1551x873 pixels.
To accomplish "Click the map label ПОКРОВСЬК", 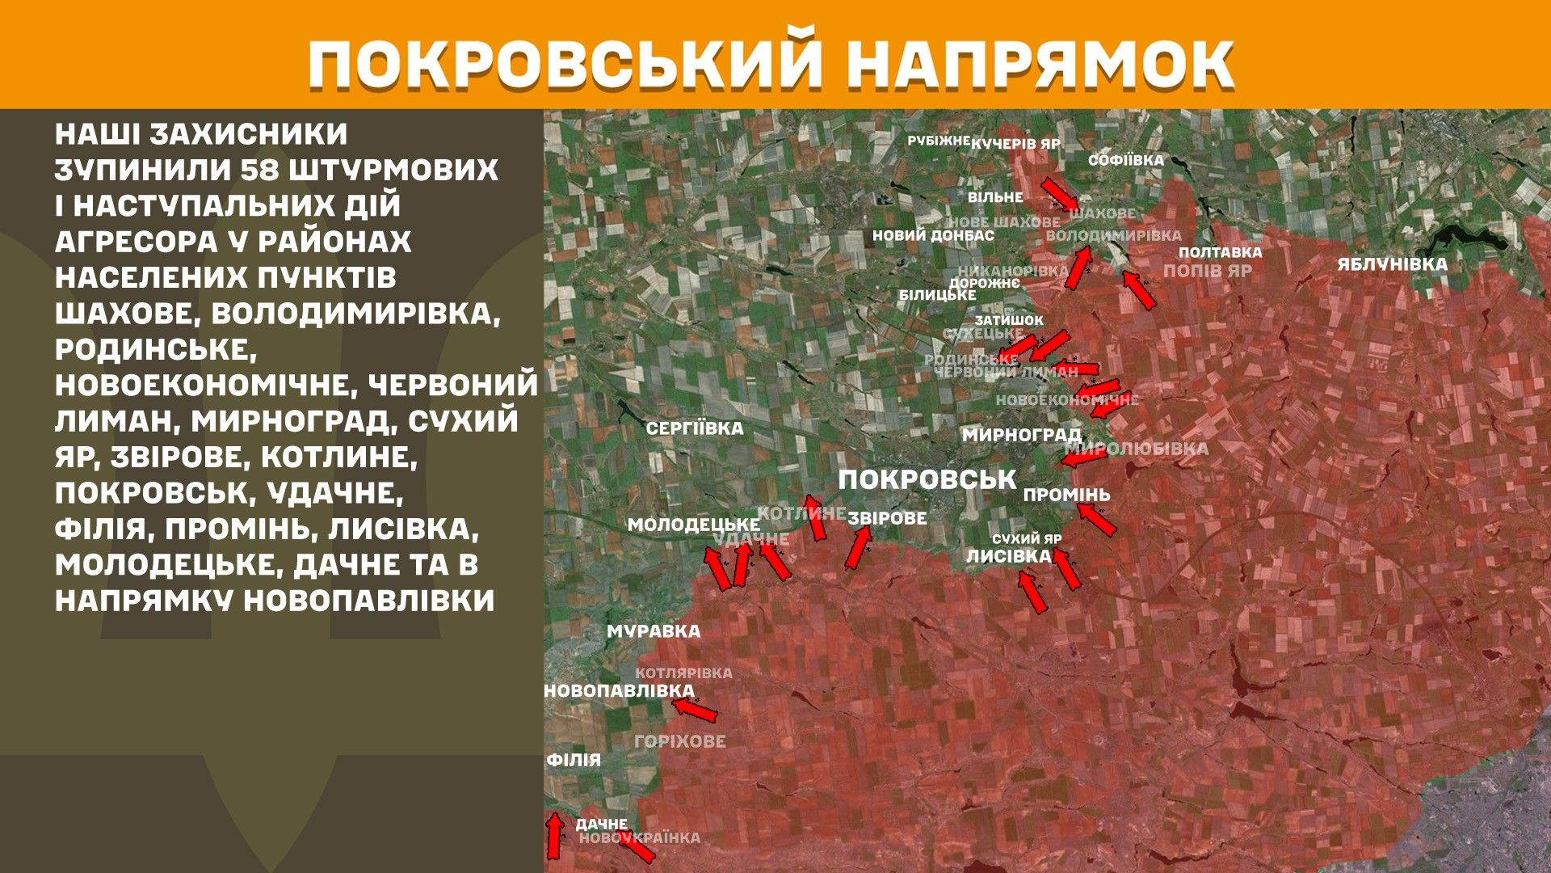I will click(x=927, y=479).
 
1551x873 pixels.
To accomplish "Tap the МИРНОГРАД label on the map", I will click(x=1021, y=435).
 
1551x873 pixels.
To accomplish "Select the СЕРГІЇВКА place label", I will click(x=694, y=428).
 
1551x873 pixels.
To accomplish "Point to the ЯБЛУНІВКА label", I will click(x=1392, y=264).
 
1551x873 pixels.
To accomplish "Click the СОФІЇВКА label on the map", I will click(x=1125, y=160).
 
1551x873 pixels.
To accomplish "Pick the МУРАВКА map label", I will click(x=654, y=631).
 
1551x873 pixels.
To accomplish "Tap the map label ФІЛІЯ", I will click(x=574, y=760).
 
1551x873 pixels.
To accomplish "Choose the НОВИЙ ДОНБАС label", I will click(x=933, y=236).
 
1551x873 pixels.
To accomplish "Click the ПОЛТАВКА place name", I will click(x=1220, y=252).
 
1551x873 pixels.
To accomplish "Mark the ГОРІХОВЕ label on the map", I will click(x=680, y=741).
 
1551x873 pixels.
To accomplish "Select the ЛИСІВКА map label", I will click(x=1009, y=556).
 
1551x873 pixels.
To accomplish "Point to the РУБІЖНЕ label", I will click(x=938, y=141).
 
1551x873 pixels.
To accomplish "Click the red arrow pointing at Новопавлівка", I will click(x=695, y=710).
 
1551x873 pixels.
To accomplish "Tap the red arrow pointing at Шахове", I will click(x=1057, y=194).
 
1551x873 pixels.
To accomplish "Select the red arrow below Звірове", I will click(x=858, y=547).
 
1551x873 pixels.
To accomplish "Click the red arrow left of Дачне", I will click(x=554, y=836).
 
